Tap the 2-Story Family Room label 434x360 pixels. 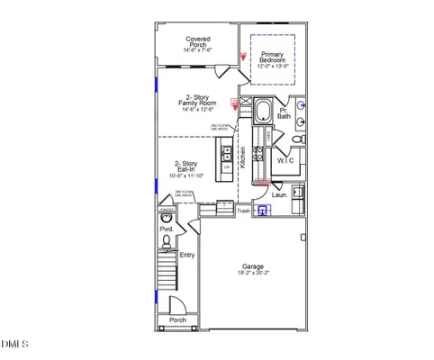click(198, 100)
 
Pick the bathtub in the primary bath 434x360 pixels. click(263, 112)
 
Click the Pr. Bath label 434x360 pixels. click(284, 112)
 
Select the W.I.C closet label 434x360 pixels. click(286, 161)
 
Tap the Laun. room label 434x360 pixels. click(279, 193)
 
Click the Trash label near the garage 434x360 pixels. click(243, 211)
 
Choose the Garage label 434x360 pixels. click(253, 266)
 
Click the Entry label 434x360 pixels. click(187, 255)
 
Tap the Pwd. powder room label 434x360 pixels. click(167, 229)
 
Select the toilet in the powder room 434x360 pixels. click(167, 218)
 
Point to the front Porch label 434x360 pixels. click(177, 319)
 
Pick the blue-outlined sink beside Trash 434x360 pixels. click(264, 211)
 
